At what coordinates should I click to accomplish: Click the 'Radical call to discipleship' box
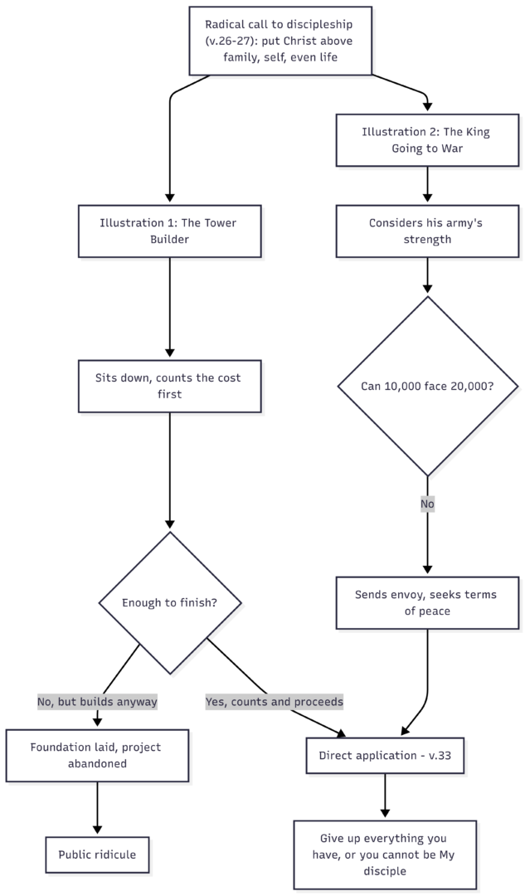point(280,41)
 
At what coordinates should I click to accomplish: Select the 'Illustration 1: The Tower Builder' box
point(170,231)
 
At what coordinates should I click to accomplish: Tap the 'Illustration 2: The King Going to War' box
point(427,140)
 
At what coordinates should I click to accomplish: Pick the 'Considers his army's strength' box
point(427,231)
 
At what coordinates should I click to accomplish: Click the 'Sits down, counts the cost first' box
point(170,386)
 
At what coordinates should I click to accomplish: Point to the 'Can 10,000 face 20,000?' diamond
point(428,386)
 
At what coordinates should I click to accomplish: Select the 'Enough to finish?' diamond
point(170,603)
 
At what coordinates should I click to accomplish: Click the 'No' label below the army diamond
point(427,504)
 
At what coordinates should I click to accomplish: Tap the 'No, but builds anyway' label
point(97,701)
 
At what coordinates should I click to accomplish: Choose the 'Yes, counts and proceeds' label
point(275,701)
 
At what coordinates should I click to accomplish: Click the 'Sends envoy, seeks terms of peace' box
point(427,603)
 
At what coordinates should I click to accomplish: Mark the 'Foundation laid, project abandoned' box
point(97,756)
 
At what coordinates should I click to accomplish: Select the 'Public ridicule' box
point(97,855)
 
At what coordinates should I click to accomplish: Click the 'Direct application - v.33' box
point(385,756)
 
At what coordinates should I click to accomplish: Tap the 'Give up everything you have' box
point(385,855)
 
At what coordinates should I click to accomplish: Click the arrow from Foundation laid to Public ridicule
point(97,809)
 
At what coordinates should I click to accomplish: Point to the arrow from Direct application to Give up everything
point(385,796)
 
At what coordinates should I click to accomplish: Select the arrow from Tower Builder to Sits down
point(170,309)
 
